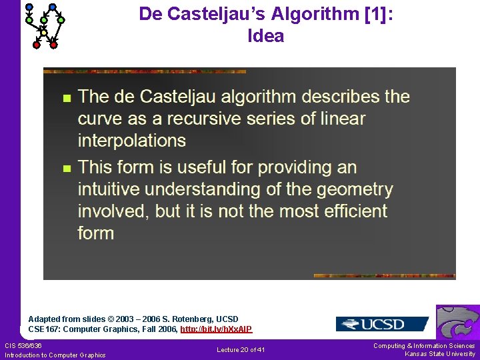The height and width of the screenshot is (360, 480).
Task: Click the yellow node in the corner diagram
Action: (x=44, y=32)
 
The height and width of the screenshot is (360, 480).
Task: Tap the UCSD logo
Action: (x=382, y=324)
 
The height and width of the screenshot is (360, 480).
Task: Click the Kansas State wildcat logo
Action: (x=458, y=323)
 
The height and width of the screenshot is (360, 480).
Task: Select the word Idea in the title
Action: (x=265, y=36)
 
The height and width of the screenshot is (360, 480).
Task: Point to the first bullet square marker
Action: (x=65, y=98)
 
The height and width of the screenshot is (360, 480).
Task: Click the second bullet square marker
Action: (x=65, y=169)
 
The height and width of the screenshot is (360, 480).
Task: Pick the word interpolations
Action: (x=131, y=141)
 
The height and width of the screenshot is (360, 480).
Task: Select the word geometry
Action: (x=355, y=189)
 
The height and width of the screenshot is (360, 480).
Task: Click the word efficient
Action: (x=349, y=211)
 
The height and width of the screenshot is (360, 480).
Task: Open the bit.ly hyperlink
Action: (x=216, y=329)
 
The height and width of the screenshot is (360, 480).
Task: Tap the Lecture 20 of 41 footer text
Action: (x=241, y=350)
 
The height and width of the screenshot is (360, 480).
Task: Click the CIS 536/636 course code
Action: (x=23, y=345)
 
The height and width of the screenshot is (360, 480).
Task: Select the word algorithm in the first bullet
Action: (x=256, y=97)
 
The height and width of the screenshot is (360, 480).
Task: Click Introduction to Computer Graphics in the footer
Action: (x=55, y=355)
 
